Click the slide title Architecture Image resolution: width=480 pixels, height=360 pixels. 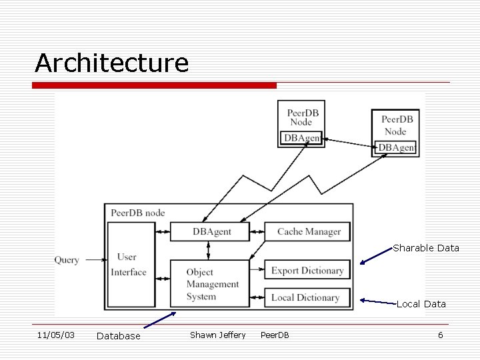pyautogui.click(x=112, y=63)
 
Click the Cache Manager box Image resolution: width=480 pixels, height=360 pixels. pyautogui.click(x=307, y=231)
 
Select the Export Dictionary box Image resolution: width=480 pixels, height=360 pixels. pyautogui.click(x=307, y=270)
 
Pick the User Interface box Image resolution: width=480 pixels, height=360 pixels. pyautogui.click(x=130, y=265)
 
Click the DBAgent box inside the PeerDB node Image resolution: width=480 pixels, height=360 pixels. pyautogui.click(x=210, y=231)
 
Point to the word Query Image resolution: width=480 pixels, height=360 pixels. pyautogui.click(x=67, y=260)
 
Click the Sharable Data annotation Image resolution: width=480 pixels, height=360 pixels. pyautogui.click(x=426, y=248)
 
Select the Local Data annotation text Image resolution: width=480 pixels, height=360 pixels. pyautogui.click(x=421, y=304)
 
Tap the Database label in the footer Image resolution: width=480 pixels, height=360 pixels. pyautogui.click(x=119, y=336)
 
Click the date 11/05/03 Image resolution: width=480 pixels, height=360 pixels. pyautogui.click(x=56, y=335)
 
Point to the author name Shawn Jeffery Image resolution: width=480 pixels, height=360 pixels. pyautogui.click(x=217, y=335)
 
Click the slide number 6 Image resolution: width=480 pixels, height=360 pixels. pyautogui.click(x=440, y=335)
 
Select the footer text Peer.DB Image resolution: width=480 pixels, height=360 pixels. pyautogui.click(x=275, y=335)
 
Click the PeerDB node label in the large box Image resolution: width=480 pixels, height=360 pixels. pyautogui.click(x=137, y=213)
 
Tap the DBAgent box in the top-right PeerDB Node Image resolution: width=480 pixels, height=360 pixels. pyautogui.click(x=397, y=147)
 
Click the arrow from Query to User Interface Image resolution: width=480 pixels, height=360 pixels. pyautogui.click(x=93, y=260)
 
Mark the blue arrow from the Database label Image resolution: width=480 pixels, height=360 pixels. pyautogui.click(x=160, y=320)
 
